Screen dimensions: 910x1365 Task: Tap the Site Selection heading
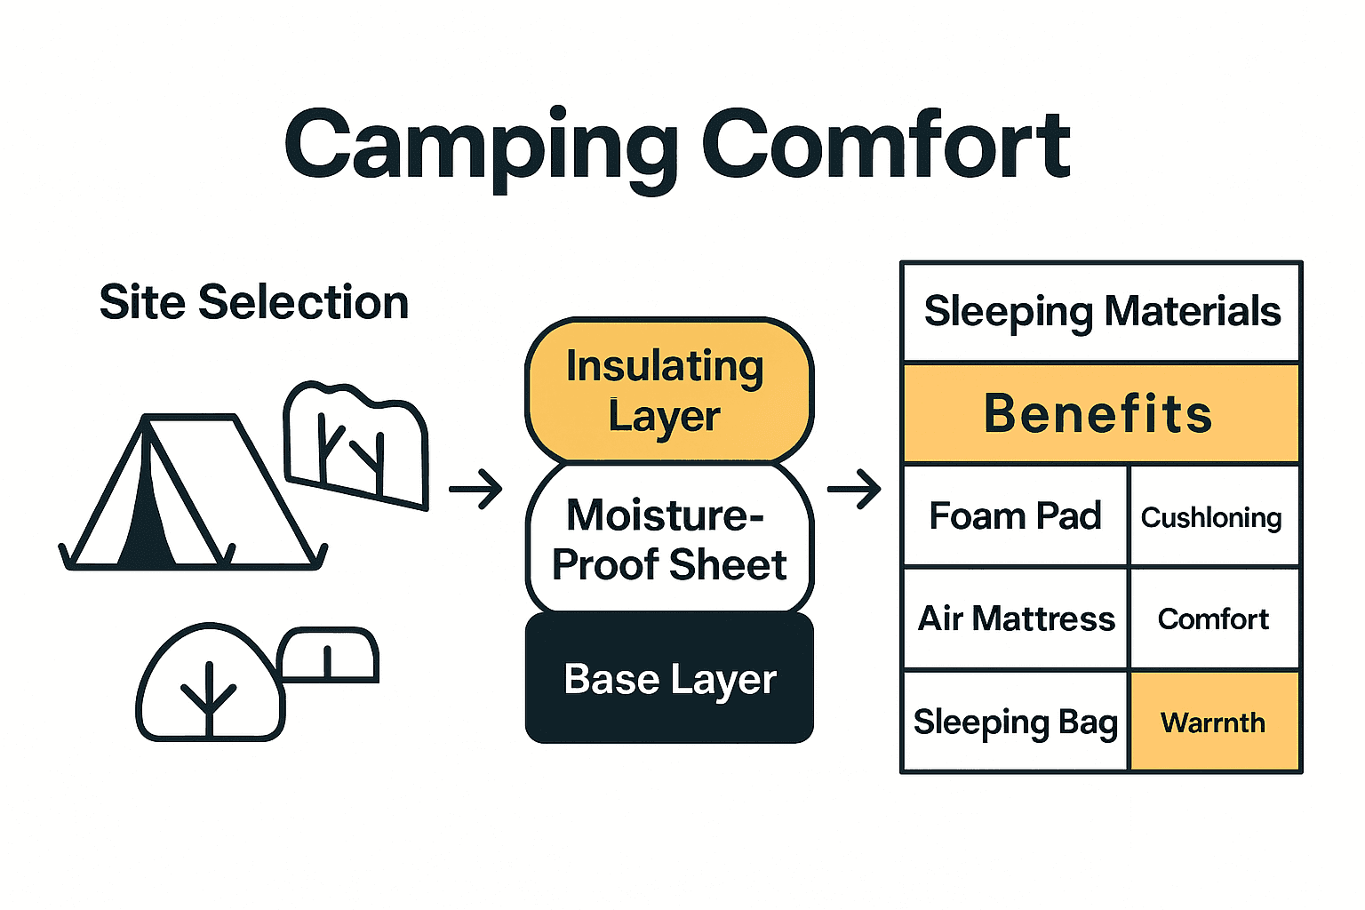click(253, 303)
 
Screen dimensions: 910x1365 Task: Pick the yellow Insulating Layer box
click(668, 391)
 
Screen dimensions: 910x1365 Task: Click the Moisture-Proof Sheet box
click(668, 539)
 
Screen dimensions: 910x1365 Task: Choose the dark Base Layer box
click(668, 680)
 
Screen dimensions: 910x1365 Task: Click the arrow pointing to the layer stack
click(475, 489)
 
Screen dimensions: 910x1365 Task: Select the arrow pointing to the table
click(854, 489)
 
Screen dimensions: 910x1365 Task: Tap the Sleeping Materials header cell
click(1101, 312)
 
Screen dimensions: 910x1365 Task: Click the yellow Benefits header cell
click(1101, 414)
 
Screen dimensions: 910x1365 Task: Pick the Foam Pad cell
click(1015, 516)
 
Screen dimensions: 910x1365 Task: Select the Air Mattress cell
click(1015, 619)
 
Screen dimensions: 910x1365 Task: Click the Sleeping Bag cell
click(1015, 722)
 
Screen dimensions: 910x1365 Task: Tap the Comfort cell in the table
click(1214, 619)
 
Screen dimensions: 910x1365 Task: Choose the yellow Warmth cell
click(1214, 722)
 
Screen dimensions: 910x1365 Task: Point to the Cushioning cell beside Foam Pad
click(1214, 516)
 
